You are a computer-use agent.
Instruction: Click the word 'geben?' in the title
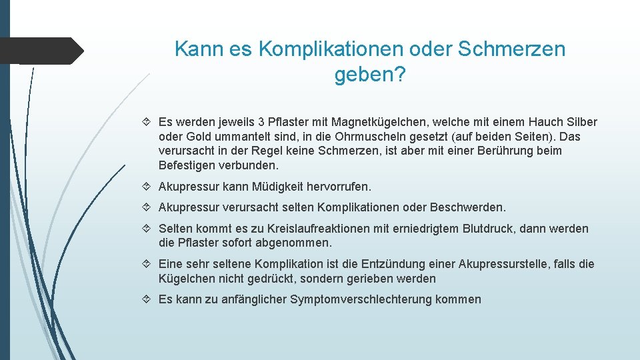tap(369, 75)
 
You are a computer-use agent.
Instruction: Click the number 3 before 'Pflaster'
tap(261, 122)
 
